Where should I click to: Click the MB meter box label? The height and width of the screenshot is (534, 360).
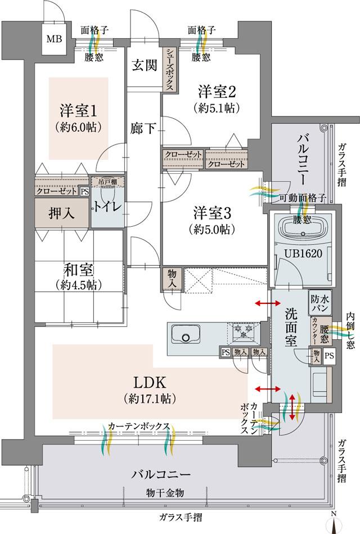click(55, 39)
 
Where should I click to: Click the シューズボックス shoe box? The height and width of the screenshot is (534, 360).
click(169, 69)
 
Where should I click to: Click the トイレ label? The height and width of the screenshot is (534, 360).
click(106, 207)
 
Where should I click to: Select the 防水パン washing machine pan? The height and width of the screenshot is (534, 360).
click(318, 303)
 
